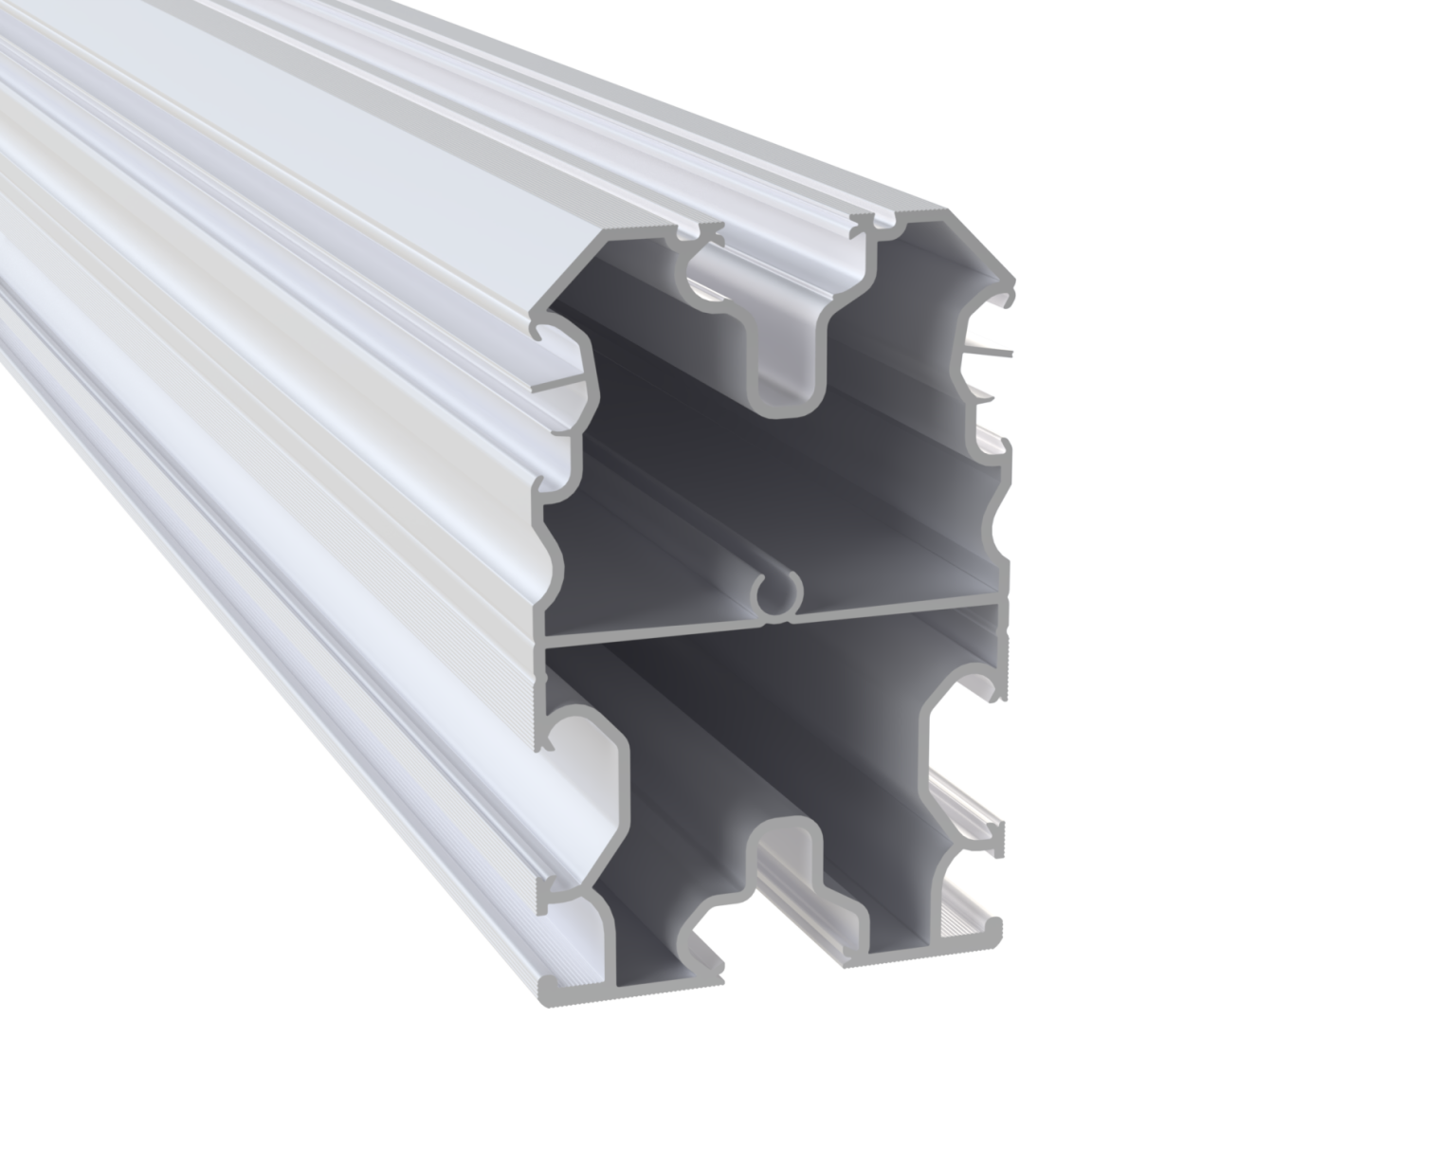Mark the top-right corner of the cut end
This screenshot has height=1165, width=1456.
point(948,210)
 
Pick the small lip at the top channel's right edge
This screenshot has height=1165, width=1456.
point(864,226)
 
